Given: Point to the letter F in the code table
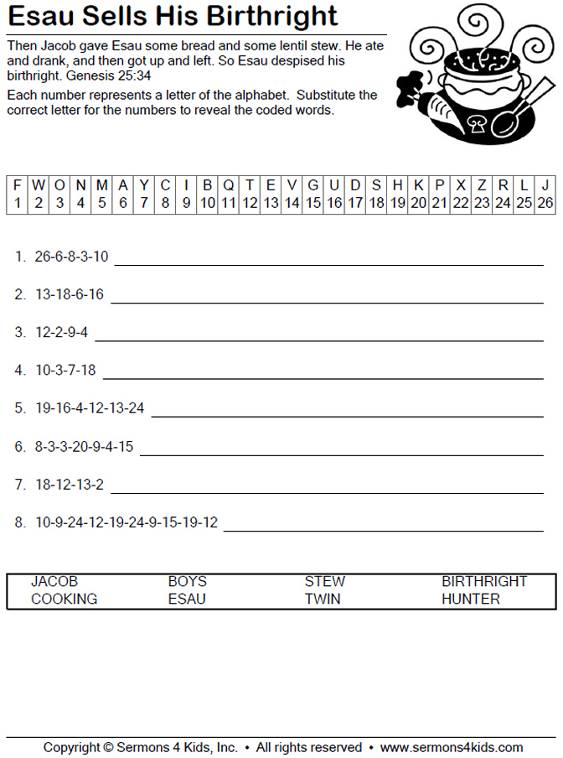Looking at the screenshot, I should click(x=18, y=184).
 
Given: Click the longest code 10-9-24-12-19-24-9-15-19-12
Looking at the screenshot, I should click(x=126, y=522).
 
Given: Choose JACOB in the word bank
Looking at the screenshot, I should click(x=54, y=581).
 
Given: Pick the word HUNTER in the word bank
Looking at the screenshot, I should click(x=471, y=599).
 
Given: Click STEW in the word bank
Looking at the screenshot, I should click(x=325, y=581).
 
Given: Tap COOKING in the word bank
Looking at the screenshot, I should click(x=64, y=599).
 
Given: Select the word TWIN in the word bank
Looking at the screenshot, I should click(x=323, y=599).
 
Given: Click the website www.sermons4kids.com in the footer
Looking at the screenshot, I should click(x=451, y=747).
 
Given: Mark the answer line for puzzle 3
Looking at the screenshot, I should click(x=318, y=340).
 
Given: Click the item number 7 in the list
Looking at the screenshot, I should click(x=19, y=484).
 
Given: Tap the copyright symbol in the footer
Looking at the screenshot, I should click(x=108, y=747).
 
